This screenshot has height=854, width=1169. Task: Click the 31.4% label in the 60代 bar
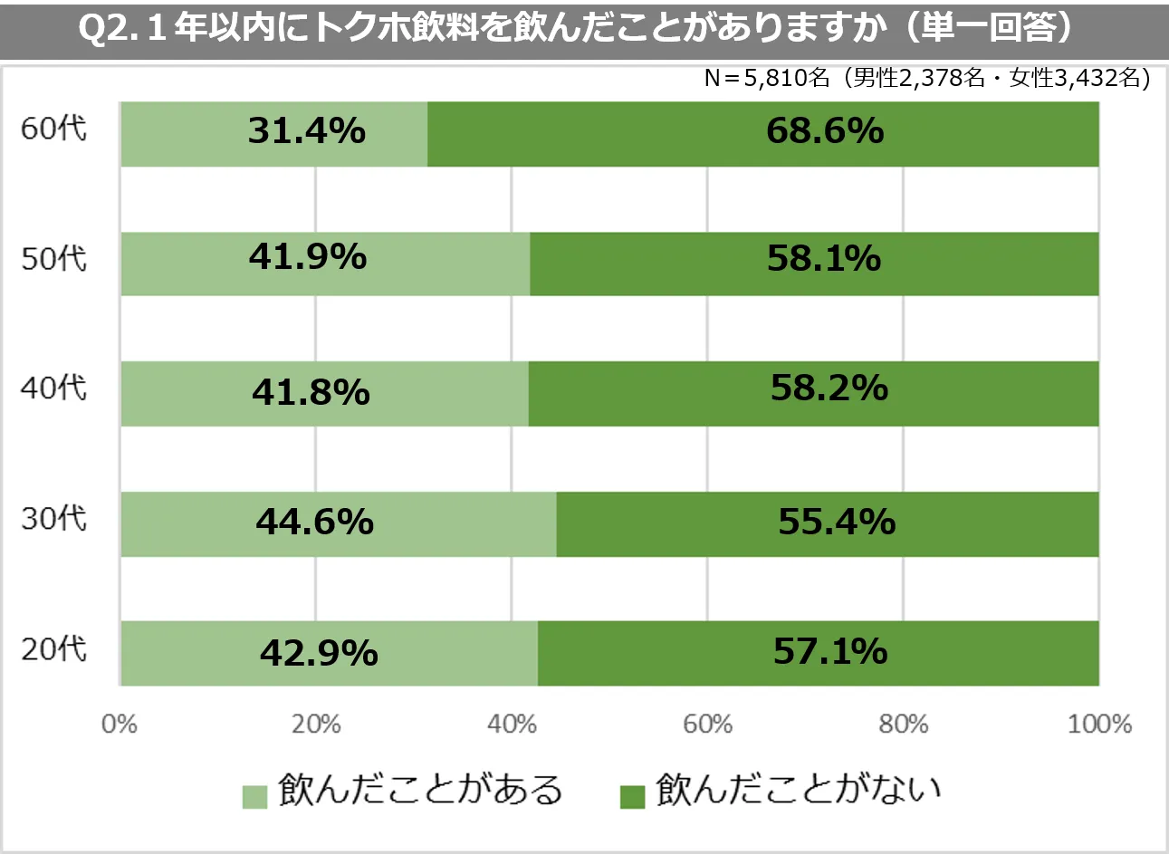(x=307, y=132)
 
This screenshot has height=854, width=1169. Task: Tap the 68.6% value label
(x=825, y=132)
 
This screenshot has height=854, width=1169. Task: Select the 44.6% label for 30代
(x=314, y=523)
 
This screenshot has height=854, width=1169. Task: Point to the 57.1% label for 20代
(x=830, y=652)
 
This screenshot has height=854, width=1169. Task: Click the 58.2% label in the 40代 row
(x=829, y=389)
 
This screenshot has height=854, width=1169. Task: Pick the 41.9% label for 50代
(x=308, y=258)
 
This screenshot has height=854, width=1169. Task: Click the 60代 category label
(x=54, y=129)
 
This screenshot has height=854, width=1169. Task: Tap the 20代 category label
(x=54, y=649)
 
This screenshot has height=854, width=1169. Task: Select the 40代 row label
(x=54, y=389)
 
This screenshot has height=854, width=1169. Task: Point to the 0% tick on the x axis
(x=120, y=724)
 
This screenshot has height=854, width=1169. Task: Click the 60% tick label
(x=707, y=724)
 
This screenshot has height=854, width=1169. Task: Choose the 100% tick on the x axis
(x=1099, y=724)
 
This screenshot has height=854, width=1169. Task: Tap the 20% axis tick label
(x=316, y=724)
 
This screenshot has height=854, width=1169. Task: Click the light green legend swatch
(x=255, y=797)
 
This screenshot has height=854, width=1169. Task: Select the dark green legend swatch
(x=632, y=797)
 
